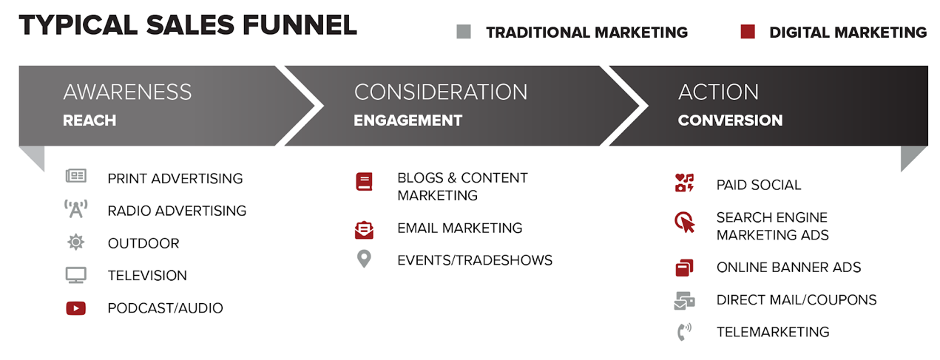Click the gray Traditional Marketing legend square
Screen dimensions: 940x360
(464, 32)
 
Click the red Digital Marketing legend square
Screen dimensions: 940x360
(748, 32)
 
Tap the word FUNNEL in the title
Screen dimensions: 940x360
(300, 25)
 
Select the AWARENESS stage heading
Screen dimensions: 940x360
(127, 92)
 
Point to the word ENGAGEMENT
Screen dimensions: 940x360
(408, 120)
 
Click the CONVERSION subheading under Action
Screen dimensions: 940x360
(730, 120)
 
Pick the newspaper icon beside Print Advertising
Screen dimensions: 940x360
(76, 176)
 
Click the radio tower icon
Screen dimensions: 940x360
(76, 208)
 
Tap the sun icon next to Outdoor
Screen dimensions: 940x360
(76, 242)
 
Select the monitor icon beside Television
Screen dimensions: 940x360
(76, 275)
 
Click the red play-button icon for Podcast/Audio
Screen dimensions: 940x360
(76, 308)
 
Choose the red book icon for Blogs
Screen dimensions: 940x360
(364, 182)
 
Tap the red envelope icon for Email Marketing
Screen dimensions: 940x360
(364, 230)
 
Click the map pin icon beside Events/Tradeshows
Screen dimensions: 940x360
(364, 259)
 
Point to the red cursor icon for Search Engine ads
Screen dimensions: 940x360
(685, 222)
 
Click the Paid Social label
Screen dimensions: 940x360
(759, 185)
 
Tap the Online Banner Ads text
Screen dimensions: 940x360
(788, 268)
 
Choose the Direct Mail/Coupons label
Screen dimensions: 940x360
(797, 300)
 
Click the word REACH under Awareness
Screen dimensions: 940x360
(89, 120)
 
